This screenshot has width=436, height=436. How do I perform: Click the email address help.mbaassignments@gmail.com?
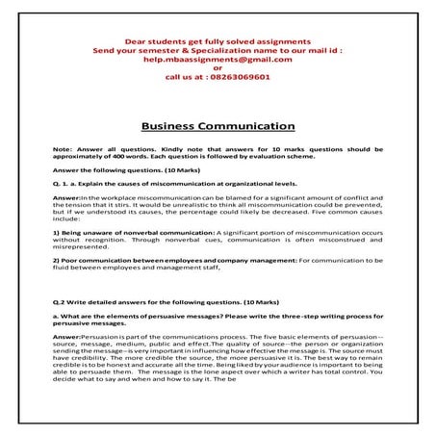pyautogui.click(x=217, y=59)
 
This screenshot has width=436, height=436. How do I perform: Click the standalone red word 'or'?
pyautogui.click(x=218, y=68)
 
